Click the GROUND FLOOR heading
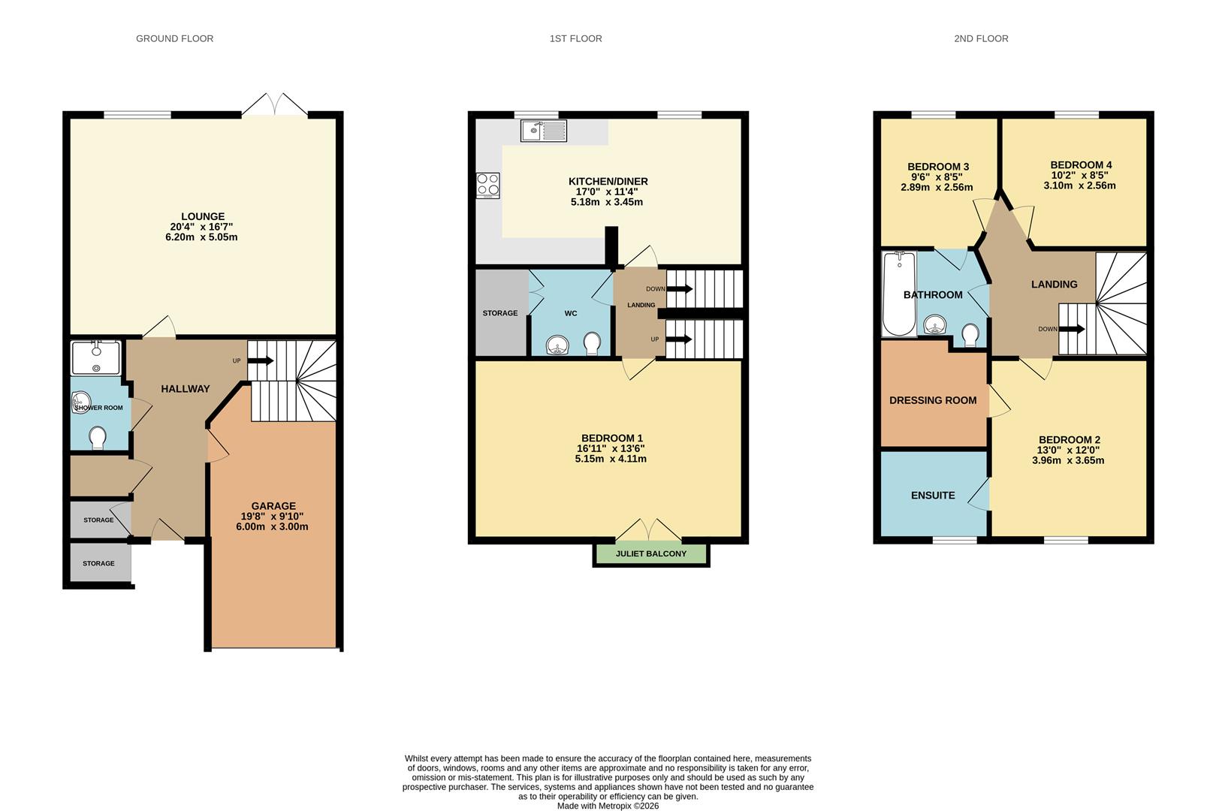pos(174,38)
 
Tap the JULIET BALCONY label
pos(650,554)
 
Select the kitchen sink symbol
pos(543,131)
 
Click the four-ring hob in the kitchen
pos(487,185)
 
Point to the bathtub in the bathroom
pos(898,294)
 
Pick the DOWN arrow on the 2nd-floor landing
pos(1072,329)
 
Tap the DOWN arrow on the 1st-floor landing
pos(680,288)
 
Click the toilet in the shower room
pos(98,437)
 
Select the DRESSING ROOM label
pos(933,400)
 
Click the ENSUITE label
pos(933,496)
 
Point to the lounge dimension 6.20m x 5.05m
pos(201,237)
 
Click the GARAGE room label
pos(273,506)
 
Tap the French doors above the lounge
pos(275,105)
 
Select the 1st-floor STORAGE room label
pos(500,313)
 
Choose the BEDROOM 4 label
pos(1081,165)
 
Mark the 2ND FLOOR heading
pos(981,38)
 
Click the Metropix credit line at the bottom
pos(608,806)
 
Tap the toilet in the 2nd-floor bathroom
pos(970,333)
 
